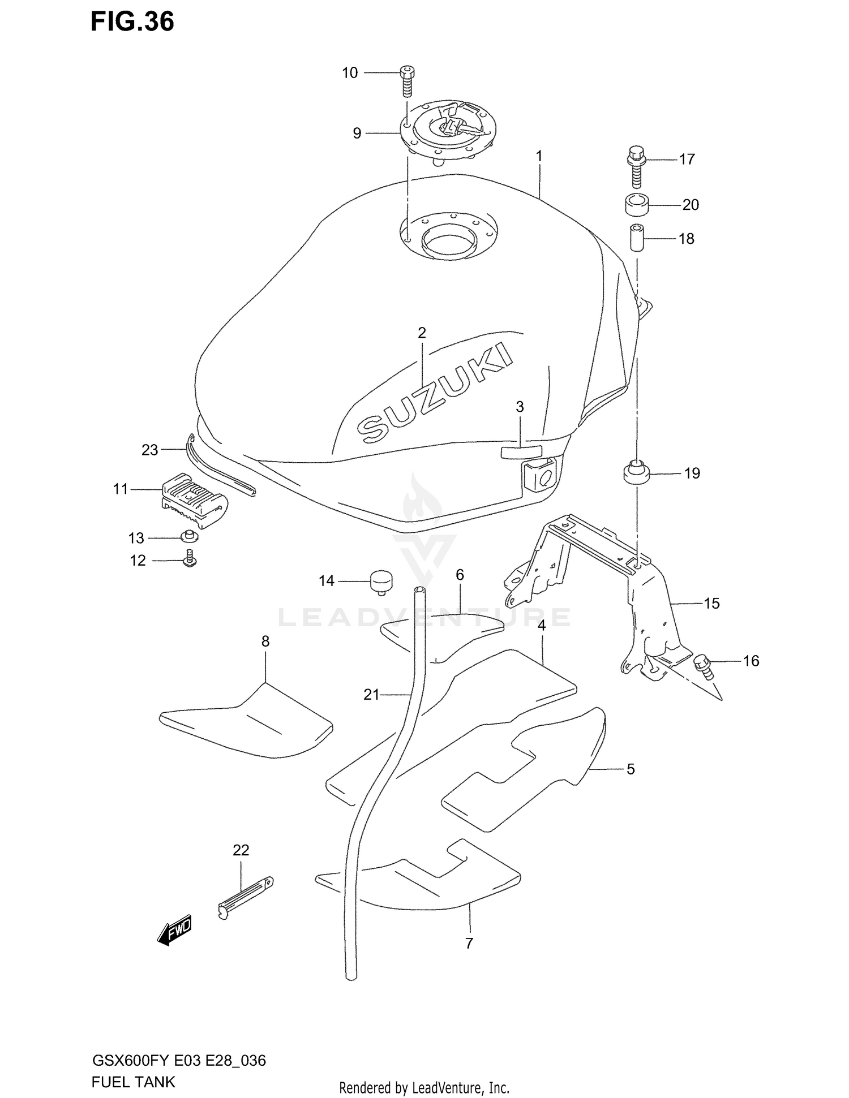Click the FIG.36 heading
pyautogui.click(x=132, y=21)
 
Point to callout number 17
pyautogui.click(x=687, y=160)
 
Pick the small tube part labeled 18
pyautogui.click(x=638, y=238)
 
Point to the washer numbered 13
pyautogui.click(x=189, y=536)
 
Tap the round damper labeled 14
pyautogui.click(x=382, y=583)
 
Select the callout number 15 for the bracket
pyautogui.click(x=711, y=604)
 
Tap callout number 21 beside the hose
pyautogui.click(x=371, y=695)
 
